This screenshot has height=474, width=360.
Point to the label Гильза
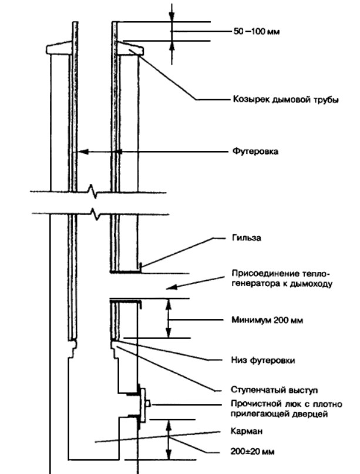237,239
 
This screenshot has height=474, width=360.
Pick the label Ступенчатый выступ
262,389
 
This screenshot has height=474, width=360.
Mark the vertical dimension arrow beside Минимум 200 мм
169,318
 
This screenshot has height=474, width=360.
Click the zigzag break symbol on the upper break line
93,190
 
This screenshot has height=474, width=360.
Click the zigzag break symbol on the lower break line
93,212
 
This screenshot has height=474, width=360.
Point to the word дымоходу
312,284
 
